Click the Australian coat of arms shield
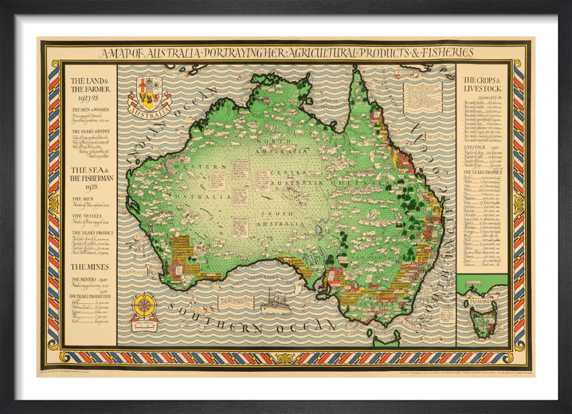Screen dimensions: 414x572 tap(149, 91)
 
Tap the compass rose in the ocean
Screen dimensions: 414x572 tap(144, 306)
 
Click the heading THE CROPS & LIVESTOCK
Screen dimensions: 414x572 tap(482, 85)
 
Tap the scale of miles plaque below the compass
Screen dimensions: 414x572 tap(144, 326)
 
